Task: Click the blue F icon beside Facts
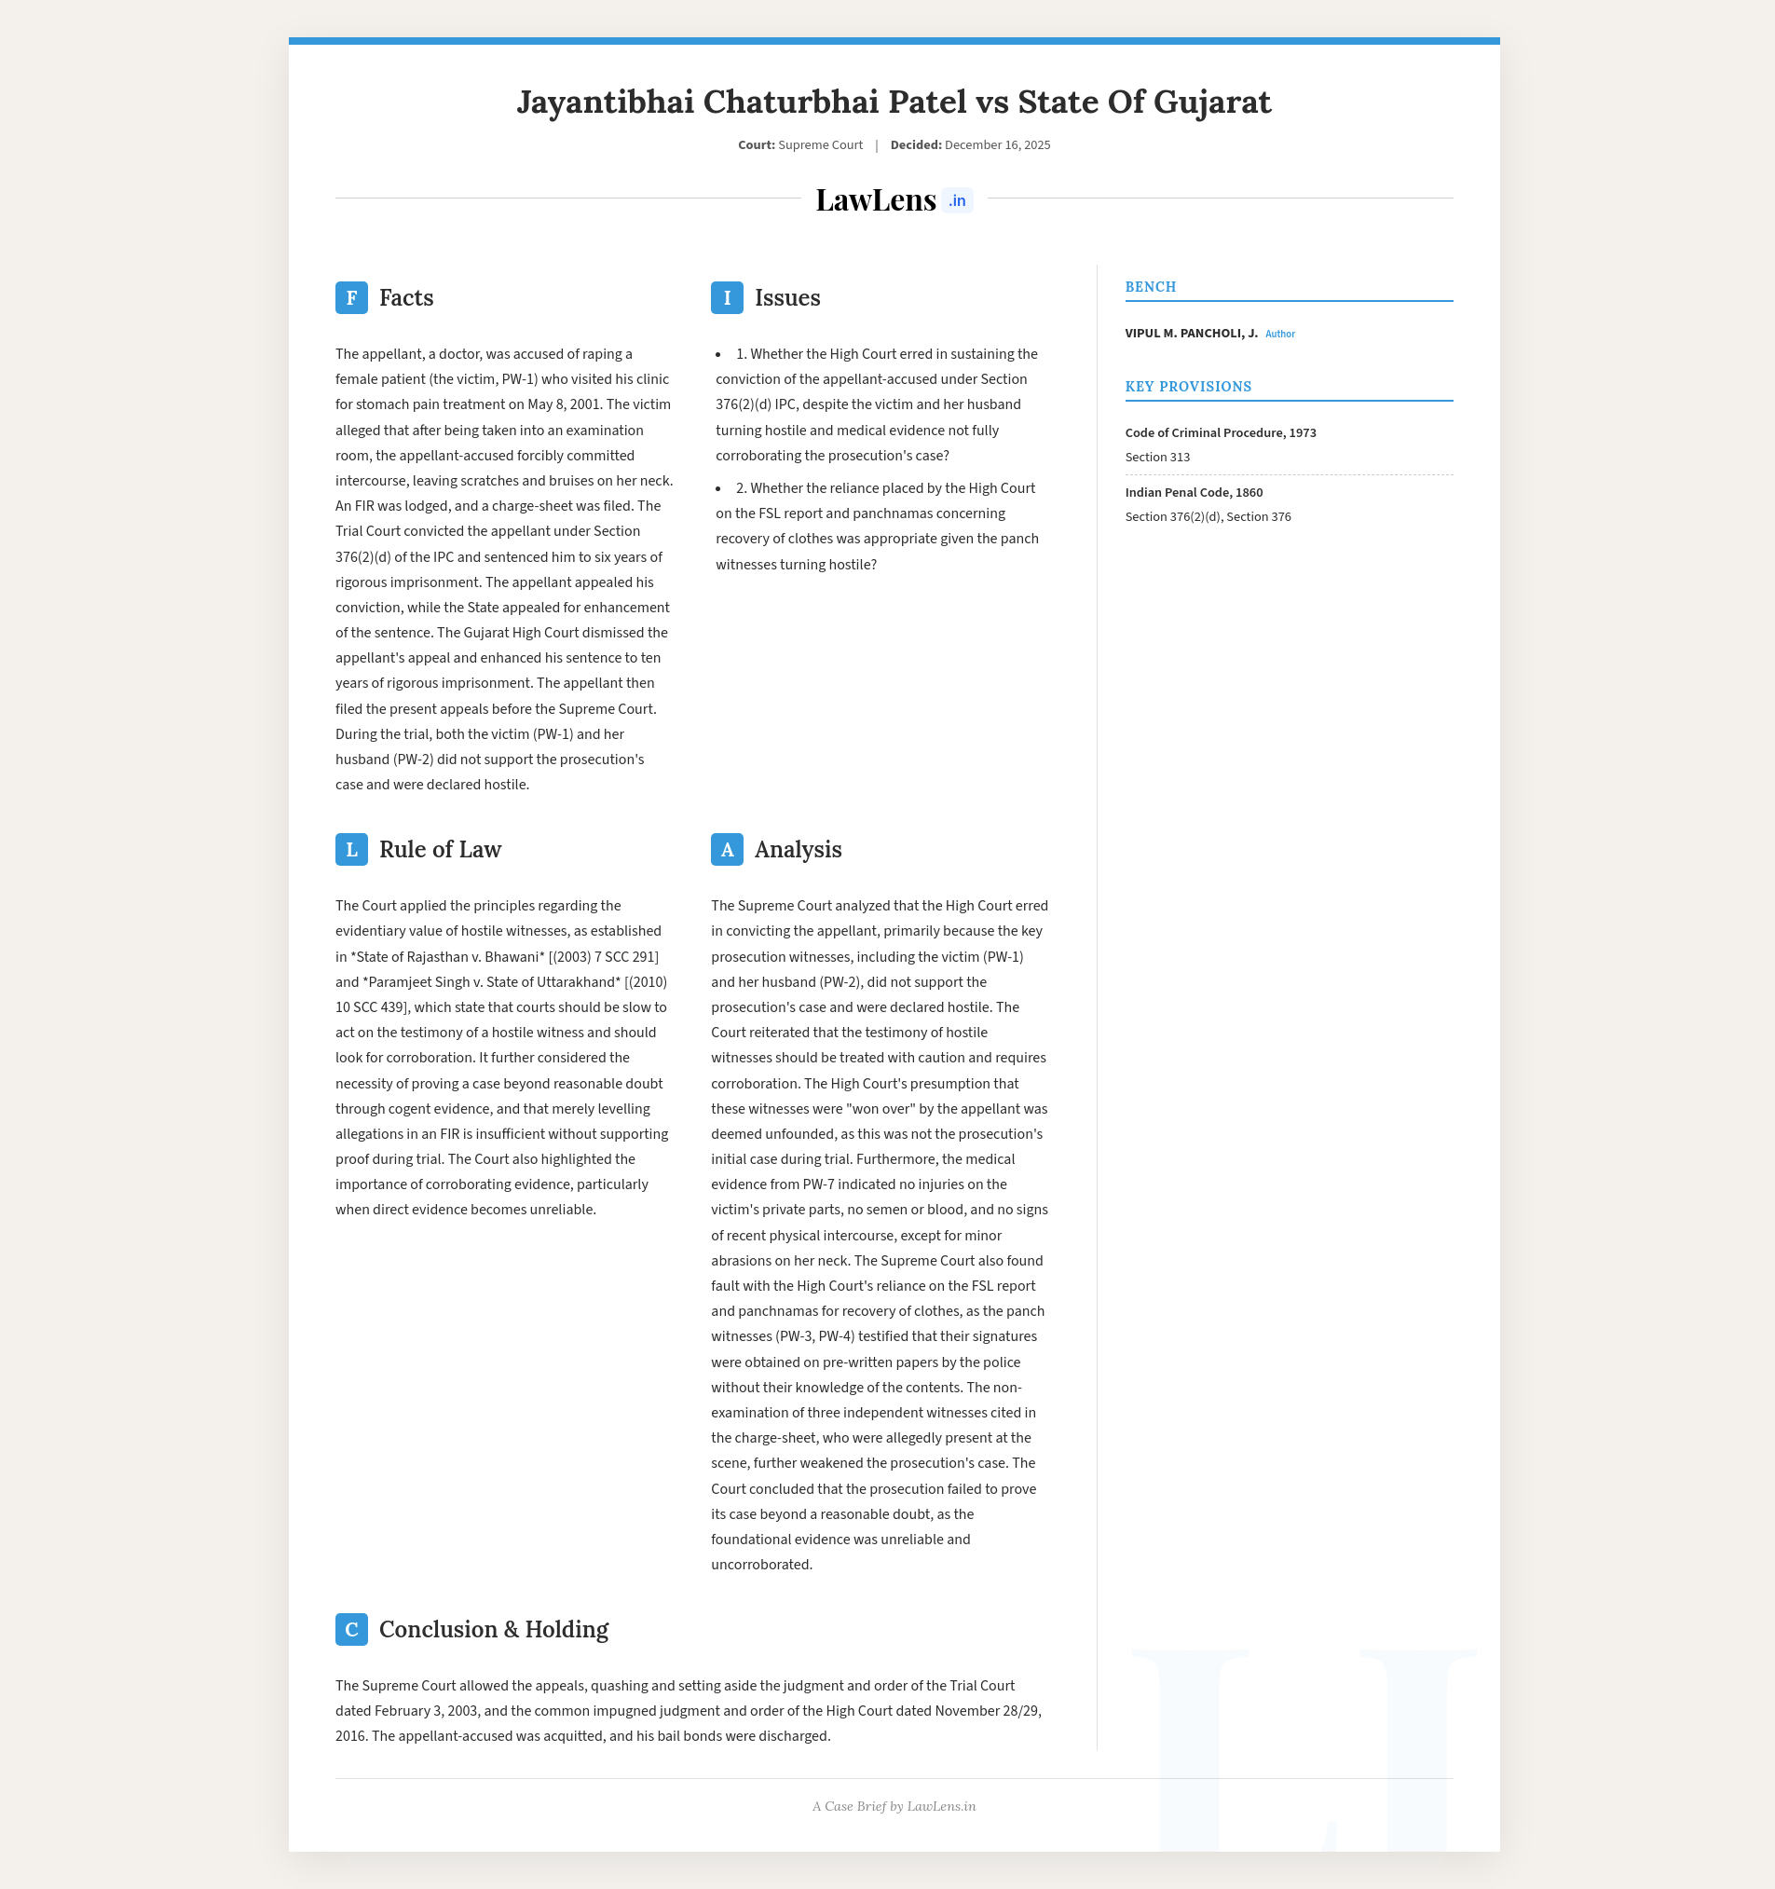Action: pyautogui.click(x=351, y=297)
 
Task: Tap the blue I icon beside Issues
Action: pyautogui.click(x=727, y=297)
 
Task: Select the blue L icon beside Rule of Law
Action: pyautogui.click(x=351, y=850)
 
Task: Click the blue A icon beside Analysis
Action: pyautogui.click(x=727, y=850)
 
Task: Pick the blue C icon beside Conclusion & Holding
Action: pyautogui.click(x=351, y=1630)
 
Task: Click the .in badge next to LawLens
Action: pyautogui.click(x=957, y=200)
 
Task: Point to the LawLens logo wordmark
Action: pyautogui.click(x=875, y=200)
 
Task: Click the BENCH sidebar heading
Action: pyautogui.click(x=1150, y=287)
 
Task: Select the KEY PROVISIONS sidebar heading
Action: pyautogui.click(x=1188, y=387)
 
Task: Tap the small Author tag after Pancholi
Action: pyautogui.click(x=1279, y=335)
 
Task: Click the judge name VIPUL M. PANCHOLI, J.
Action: pyautogui.click(x=1191, y=334)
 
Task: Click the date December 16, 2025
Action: pyautogui.click(x=997, y=145)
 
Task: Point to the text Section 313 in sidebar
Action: pyautogui.click(x=1156, y=457)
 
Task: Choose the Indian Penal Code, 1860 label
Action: pyautogui.click(x=1194, y=492)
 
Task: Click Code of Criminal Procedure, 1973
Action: pyautogui.click(x=1220, y=432)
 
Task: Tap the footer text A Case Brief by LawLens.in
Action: pyautogui.click(x=894, y=1806)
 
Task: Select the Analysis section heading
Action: pyautogui.click(x=798, y=850)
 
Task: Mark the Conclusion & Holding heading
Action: pyautogui.click(x=493, y=1630)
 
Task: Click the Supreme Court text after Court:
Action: pyautogui.click(x=820, y=145)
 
